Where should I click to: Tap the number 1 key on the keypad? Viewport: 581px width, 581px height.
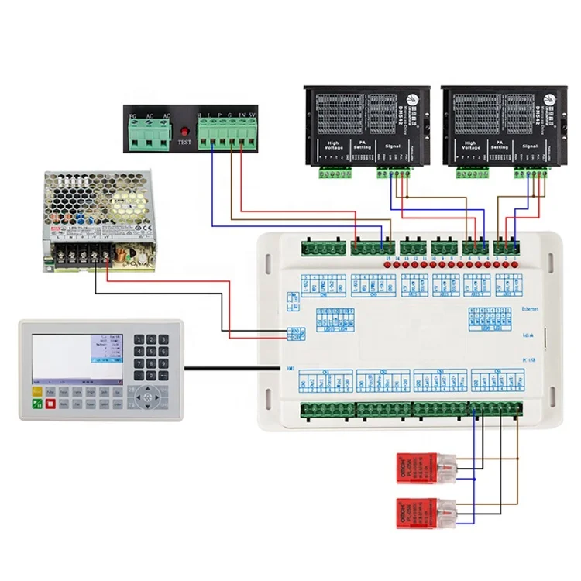(x=139, y=340)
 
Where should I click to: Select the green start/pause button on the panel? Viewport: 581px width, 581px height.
(x=36, y=404)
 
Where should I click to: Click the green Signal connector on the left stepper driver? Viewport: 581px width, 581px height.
(x=391, y=172)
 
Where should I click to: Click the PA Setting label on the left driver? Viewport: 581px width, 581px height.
(x=362, y=145)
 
